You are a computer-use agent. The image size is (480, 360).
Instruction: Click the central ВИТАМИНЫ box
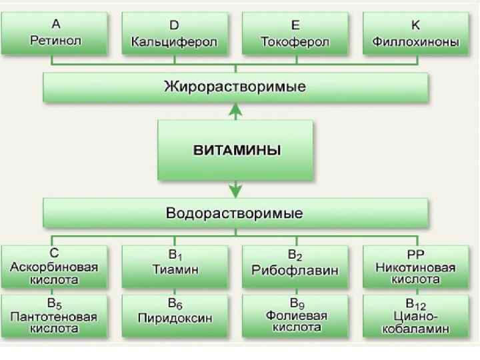235,150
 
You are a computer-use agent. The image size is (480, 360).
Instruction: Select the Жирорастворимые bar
235,87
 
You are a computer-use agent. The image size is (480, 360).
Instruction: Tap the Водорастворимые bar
235,213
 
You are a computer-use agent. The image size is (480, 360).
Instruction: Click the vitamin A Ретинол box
55,33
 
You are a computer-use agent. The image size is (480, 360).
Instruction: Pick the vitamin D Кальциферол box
175,33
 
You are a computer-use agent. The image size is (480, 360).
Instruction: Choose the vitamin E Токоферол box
295,33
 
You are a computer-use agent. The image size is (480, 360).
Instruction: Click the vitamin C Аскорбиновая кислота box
55,267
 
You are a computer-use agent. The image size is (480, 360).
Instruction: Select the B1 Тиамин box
175,267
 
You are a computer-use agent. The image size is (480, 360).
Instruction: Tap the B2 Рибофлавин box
295,267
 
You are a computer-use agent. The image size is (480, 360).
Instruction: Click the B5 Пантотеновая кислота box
55,315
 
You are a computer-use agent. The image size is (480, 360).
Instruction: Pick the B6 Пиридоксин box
175,315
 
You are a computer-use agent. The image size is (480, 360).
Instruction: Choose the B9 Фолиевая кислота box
295,315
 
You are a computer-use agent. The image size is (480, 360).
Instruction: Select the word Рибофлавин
295,271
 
